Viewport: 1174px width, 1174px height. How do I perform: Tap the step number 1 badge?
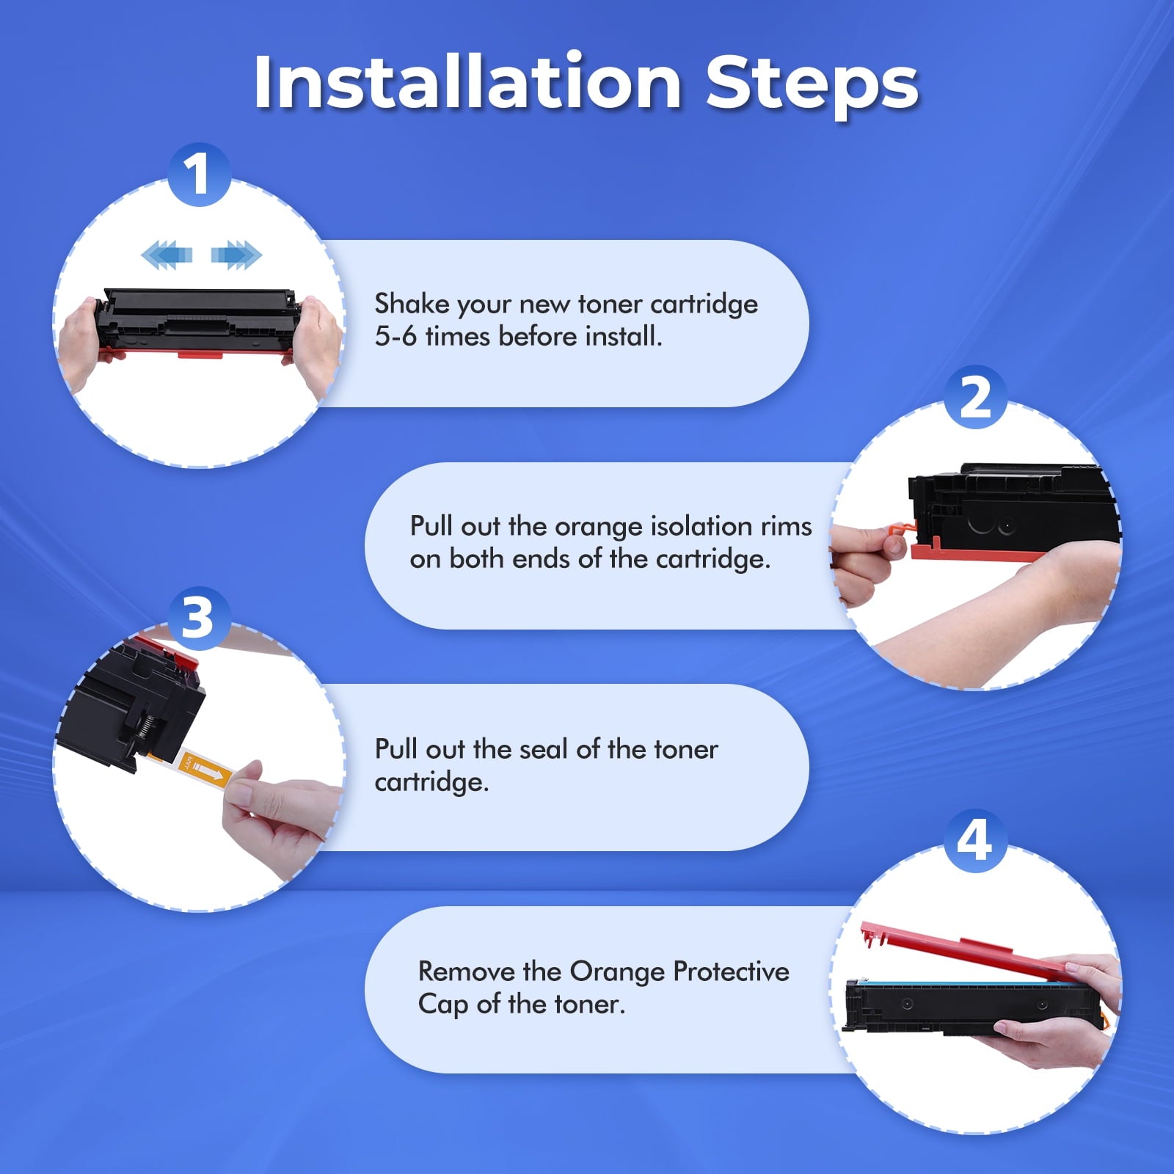click(x=199, y=175)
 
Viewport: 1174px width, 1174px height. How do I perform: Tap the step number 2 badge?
click(x=975, y=397)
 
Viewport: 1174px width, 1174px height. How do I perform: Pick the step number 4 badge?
click(x=974, y=841)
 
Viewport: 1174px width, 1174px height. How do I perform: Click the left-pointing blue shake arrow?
click(x=167, y=255)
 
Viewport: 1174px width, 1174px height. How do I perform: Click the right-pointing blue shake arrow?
click(x=236, y=255)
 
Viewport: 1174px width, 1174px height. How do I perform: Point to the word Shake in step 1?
click(x=412, y=304)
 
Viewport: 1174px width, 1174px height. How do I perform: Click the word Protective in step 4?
click(x=731, y=971)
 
